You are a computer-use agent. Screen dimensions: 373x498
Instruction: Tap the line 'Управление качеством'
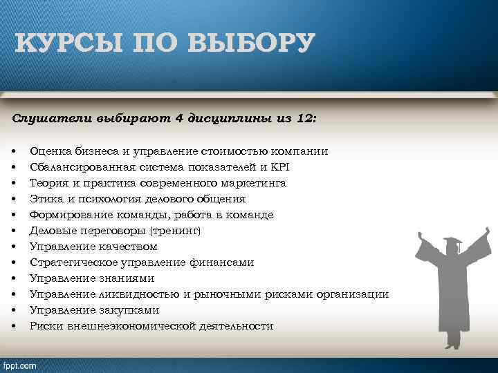(93, 247)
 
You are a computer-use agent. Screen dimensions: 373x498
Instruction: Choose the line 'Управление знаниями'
(91, 278)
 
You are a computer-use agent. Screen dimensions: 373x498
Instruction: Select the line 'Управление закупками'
(95, 310)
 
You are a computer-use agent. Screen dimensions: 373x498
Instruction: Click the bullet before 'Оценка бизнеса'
(14, 151)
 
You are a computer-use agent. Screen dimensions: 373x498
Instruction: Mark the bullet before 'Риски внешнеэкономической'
(14, 326)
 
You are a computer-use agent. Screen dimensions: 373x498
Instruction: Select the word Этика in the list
(44, 198)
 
